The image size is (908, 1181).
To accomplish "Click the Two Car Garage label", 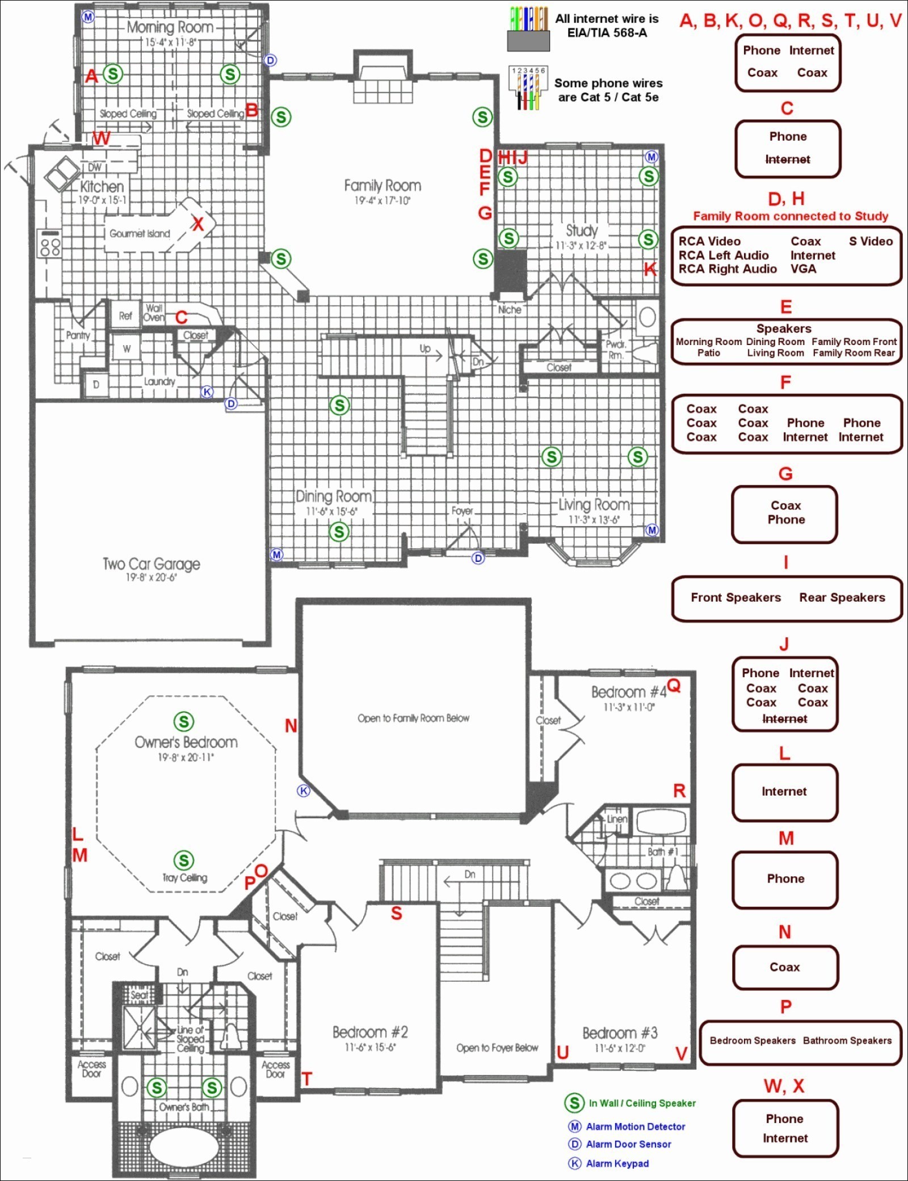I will [x=151, y=564].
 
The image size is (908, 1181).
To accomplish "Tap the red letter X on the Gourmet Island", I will [x=197, y=224].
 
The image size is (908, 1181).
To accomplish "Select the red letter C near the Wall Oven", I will [x=182, y=317].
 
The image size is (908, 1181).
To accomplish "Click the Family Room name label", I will [x=382, y=186].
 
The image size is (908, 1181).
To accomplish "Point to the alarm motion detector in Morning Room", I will [x=88, y=17].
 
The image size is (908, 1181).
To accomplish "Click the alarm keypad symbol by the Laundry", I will [x=208, y=392].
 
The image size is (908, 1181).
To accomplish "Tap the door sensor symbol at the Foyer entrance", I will [x=478, y=558].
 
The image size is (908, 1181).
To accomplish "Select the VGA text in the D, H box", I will [x=803, y=269].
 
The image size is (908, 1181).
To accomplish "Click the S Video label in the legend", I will [x=871, y=241].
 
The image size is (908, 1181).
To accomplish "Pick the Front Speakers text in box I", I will [x=735, y=598].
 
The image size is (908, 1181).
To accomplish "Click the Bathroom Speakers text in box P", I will [x=847, y=1040].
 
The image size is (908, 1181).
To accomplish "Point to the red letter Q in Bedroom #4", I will [x=674, y=686].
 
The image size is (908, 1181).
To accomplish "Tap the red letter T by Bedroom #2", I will [x=307, y=1079].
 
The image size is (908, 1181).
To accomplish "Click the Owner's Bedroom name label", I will [x=186, y=742].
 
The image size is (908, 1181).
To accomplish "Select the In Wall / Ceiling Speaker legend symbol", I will [x=574, y=1103].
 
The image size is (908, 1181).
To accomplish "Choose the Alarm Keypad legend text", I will [x=617, y=1163].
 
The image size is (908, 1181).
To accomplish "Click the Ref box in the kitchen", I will [x=125, y=316].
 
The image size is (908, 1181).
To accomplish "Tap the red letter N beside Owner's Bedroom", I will [x=291, y=725].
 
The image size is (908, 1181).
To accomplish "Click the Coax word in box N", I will [x=784, y=967].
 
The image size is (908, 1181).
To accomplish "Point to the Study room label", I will [x=582, y=230].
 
